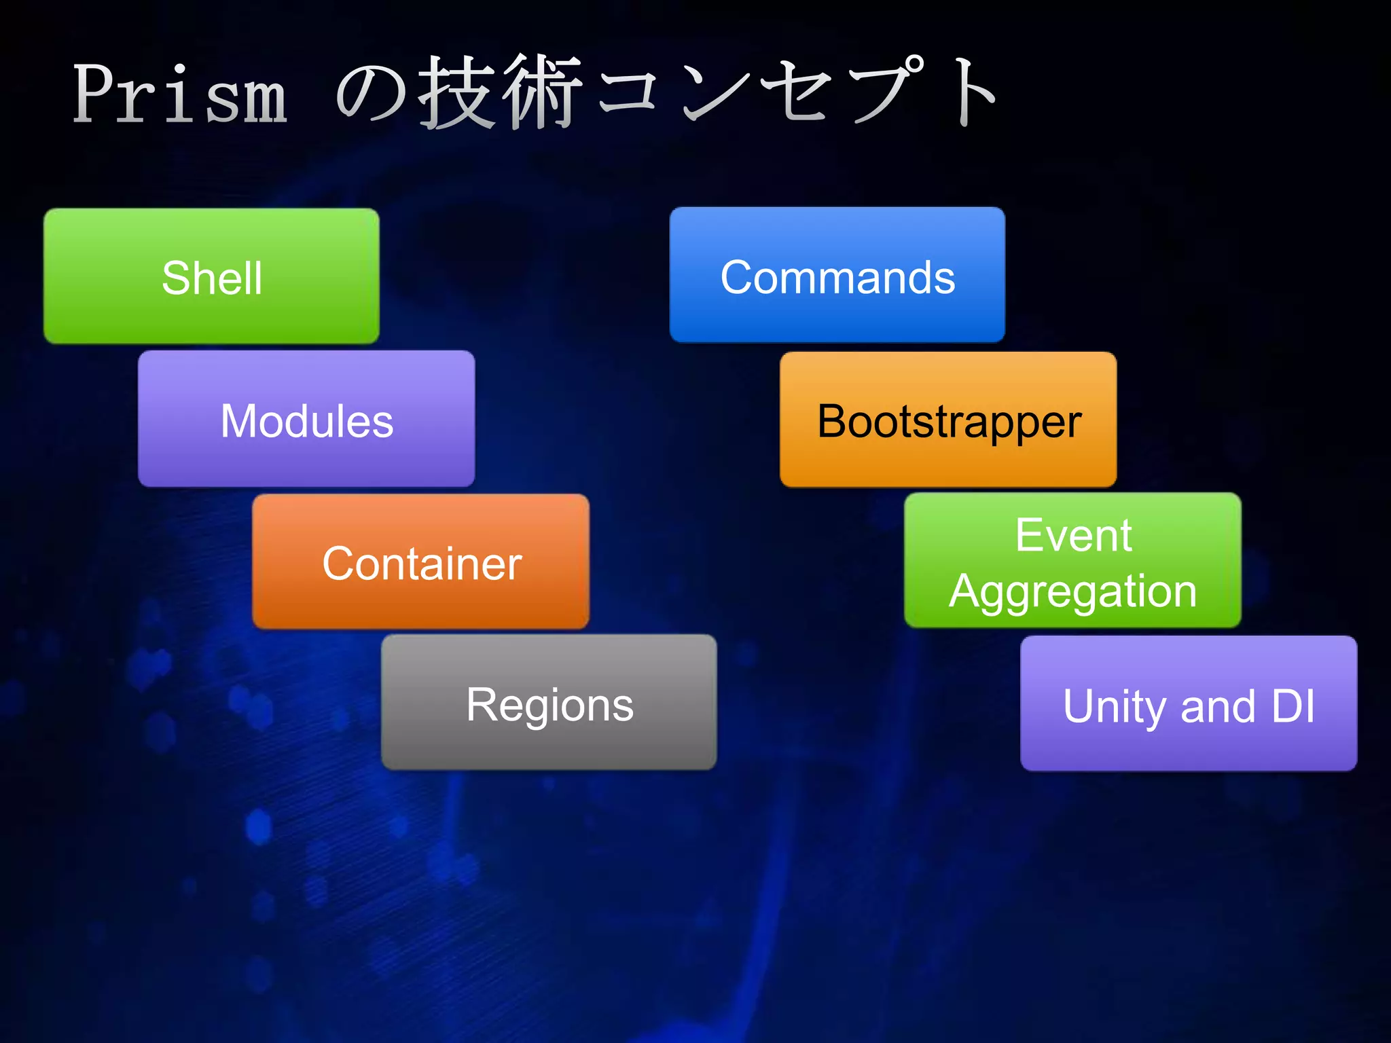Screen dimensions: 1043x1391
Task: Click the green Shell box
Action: coord(211,276)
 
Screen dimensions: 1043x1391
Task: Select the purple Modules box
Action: coord(306,419)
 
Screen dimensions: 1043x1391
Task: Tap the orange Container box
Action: coord(420,562)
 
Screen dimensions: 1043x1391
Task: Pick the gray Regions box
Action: coord(549,702)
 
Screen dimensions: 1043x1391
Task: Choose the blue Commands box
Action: coord(837,275)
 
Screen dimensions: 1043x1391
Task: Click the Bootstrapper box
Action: coord(948,420)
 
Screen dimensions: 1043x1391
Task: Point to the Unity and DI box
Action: coord(1189,703)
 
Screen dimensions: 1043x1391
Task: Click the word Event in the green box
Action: coord(1073,535)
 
